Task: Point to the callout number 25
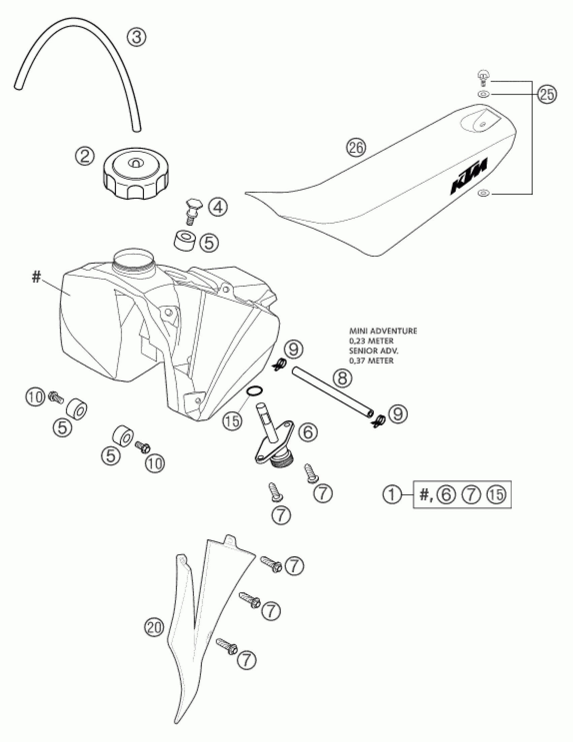click(x=547, y=95)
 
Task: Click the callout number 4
click(x=218, y=207)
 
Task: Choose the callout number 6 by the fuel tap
click(x=308, y=432)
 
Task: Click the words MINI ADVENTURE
click(x=383, y=331)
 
